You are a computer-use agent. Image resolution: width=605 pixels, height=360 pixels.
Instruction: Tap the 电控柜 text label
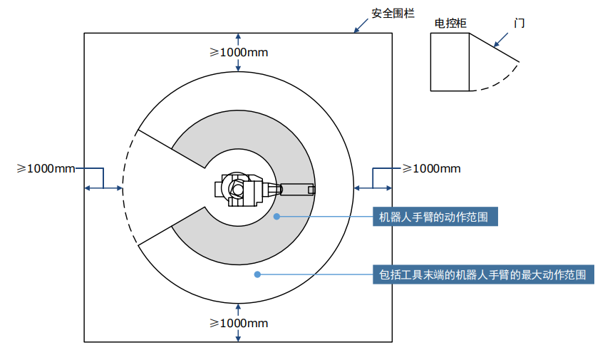coord(450,23)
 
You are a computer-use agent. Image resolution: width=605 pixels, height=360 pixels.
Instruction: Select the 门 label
coord(519,23)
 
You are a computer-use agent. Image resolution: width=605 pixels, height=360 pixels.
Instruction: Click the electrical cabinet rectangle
coord(450,63)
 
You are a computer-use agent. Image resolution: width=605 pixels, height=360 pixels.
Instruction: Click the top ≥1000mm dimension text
coord(239,52)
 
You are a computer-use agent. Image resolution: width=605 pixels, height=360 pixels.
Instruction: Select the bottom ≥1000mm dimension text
coord(239,323)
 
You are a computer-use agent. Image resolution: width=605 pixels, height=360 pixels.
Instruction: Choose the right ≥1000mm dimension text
coord(431,168)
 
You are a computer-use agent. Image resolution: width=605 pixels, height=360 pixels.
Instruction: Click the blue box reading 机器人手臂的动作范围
coord(434,217)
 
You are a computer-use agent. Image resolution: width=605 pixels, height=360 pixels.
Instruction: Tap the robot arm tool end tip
coord(311,189)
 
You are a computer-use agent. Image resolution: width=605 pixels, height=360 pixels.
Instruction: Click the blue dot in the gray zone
coord(277,216)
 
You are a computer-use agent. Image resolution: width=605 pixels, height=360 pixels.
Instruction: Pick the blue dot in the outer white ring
coord(257,274)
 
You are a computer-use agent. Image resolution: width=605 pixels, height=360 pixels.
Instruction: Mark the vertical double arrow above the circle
coord(238,52)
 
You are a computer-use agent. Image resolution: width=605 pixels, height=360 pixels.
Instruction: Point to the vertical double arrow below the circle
coord(238,322)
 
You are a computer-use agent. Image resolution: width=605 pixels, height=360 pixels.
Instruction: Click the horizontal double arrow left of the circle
coord(103,188)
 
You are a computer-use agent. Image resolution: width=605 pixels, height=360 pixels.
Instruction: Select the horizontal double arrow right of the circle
coord(373,188)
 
